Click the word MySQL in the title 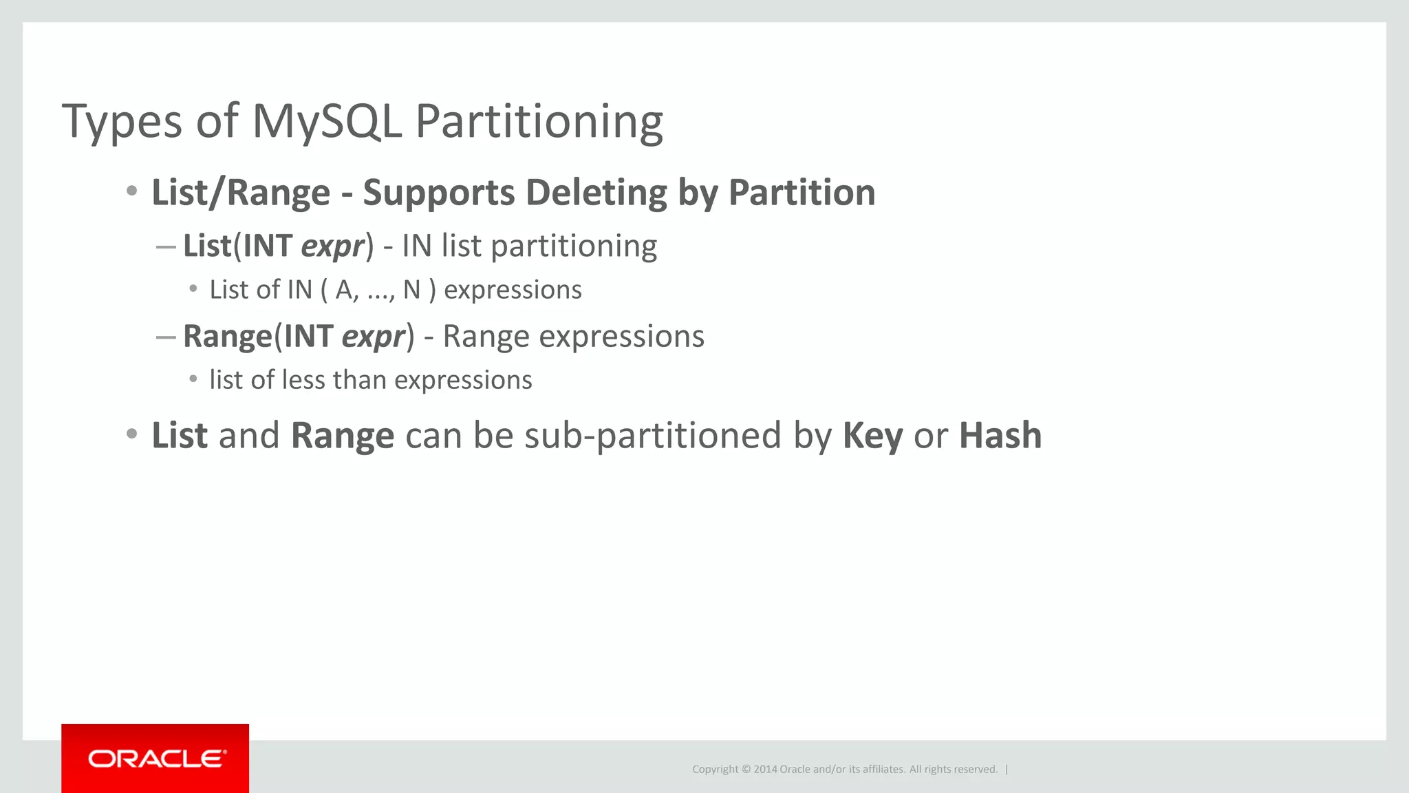point(326,122)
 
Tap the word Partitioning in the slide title point(539,122)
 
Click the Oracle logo point(155,759)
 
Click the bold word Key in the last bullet point(872,436)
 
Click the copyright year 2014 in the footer point(765,770)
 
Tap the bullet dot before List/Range point(131,191)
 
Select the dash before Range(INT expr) point(166,337)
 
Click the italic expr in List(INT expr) point(332,246)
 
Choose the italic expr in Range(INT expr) point(373,337)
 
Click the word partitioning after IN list point(574,246)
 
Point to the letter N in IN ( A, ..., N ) point(411,290)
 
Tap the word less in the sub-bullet point(303,380)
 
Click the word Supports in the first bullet point(439,192)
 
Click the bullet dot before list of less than point(193,379)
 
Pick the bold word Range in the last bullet point(342,436)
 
